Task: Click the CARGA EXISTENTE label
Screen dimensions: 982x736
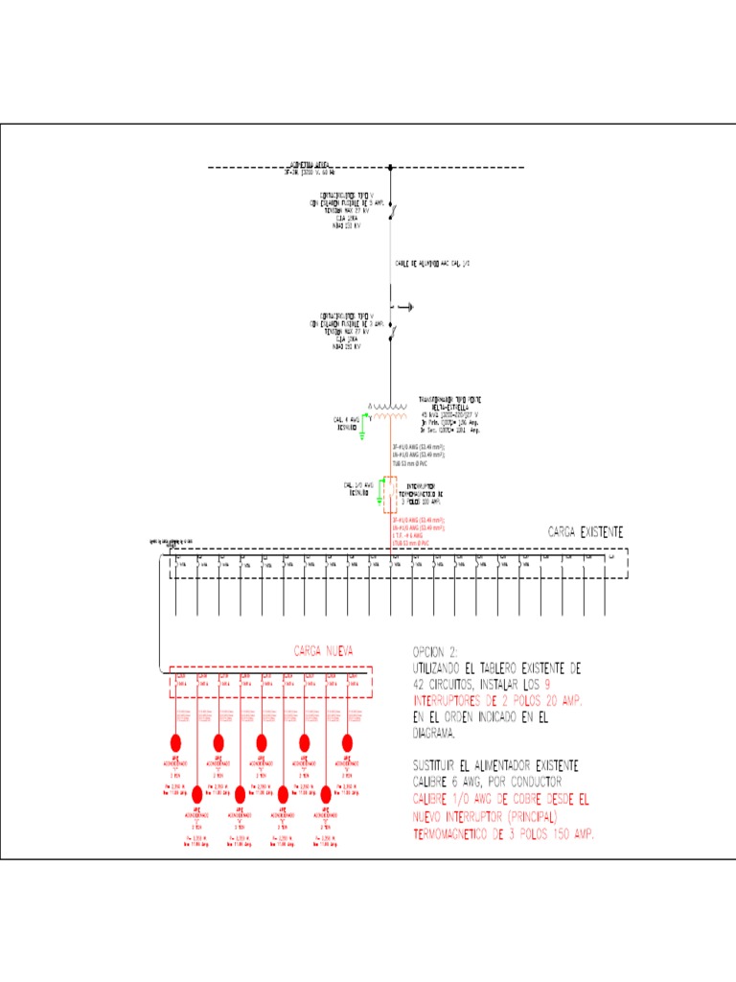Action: [x=586, y=531]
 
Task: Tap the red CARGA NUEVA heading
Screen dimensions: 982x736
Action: [x=323, y=651]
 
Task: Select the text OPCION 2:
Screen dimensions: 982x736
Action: [x=435, y=651]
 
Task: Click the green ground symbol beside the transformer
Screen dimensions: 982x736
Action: [x=362, y=433]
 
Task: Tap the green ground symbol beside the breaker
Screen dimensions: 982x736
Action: [x=378, y=500]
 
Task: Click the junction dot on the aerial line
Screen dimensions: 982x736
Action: [x=390, y=168]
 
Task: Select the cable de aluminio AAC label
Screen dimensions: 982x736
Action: [x=432, y=262]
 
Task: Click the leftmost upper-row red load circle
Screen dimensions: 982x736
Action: [x=175, y=742]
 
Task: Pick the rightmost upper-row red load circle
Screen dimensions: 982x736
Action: [x=347, y=742]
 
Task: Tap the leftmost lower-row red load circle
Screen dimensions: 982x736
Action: [x=197, y=794]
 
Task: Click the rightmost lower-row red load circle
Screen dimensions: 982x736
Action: [x=326, y=794]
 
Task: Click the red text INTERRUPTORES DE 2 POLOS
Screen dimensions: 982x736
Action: [x=496, y=701]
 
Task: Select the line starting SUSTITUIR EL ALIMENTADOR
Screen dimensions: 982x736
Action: [x=494, y=765]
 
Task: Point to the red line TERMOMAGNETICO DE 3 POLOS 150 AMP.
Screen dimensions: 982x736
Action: [x=503, y=834]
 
